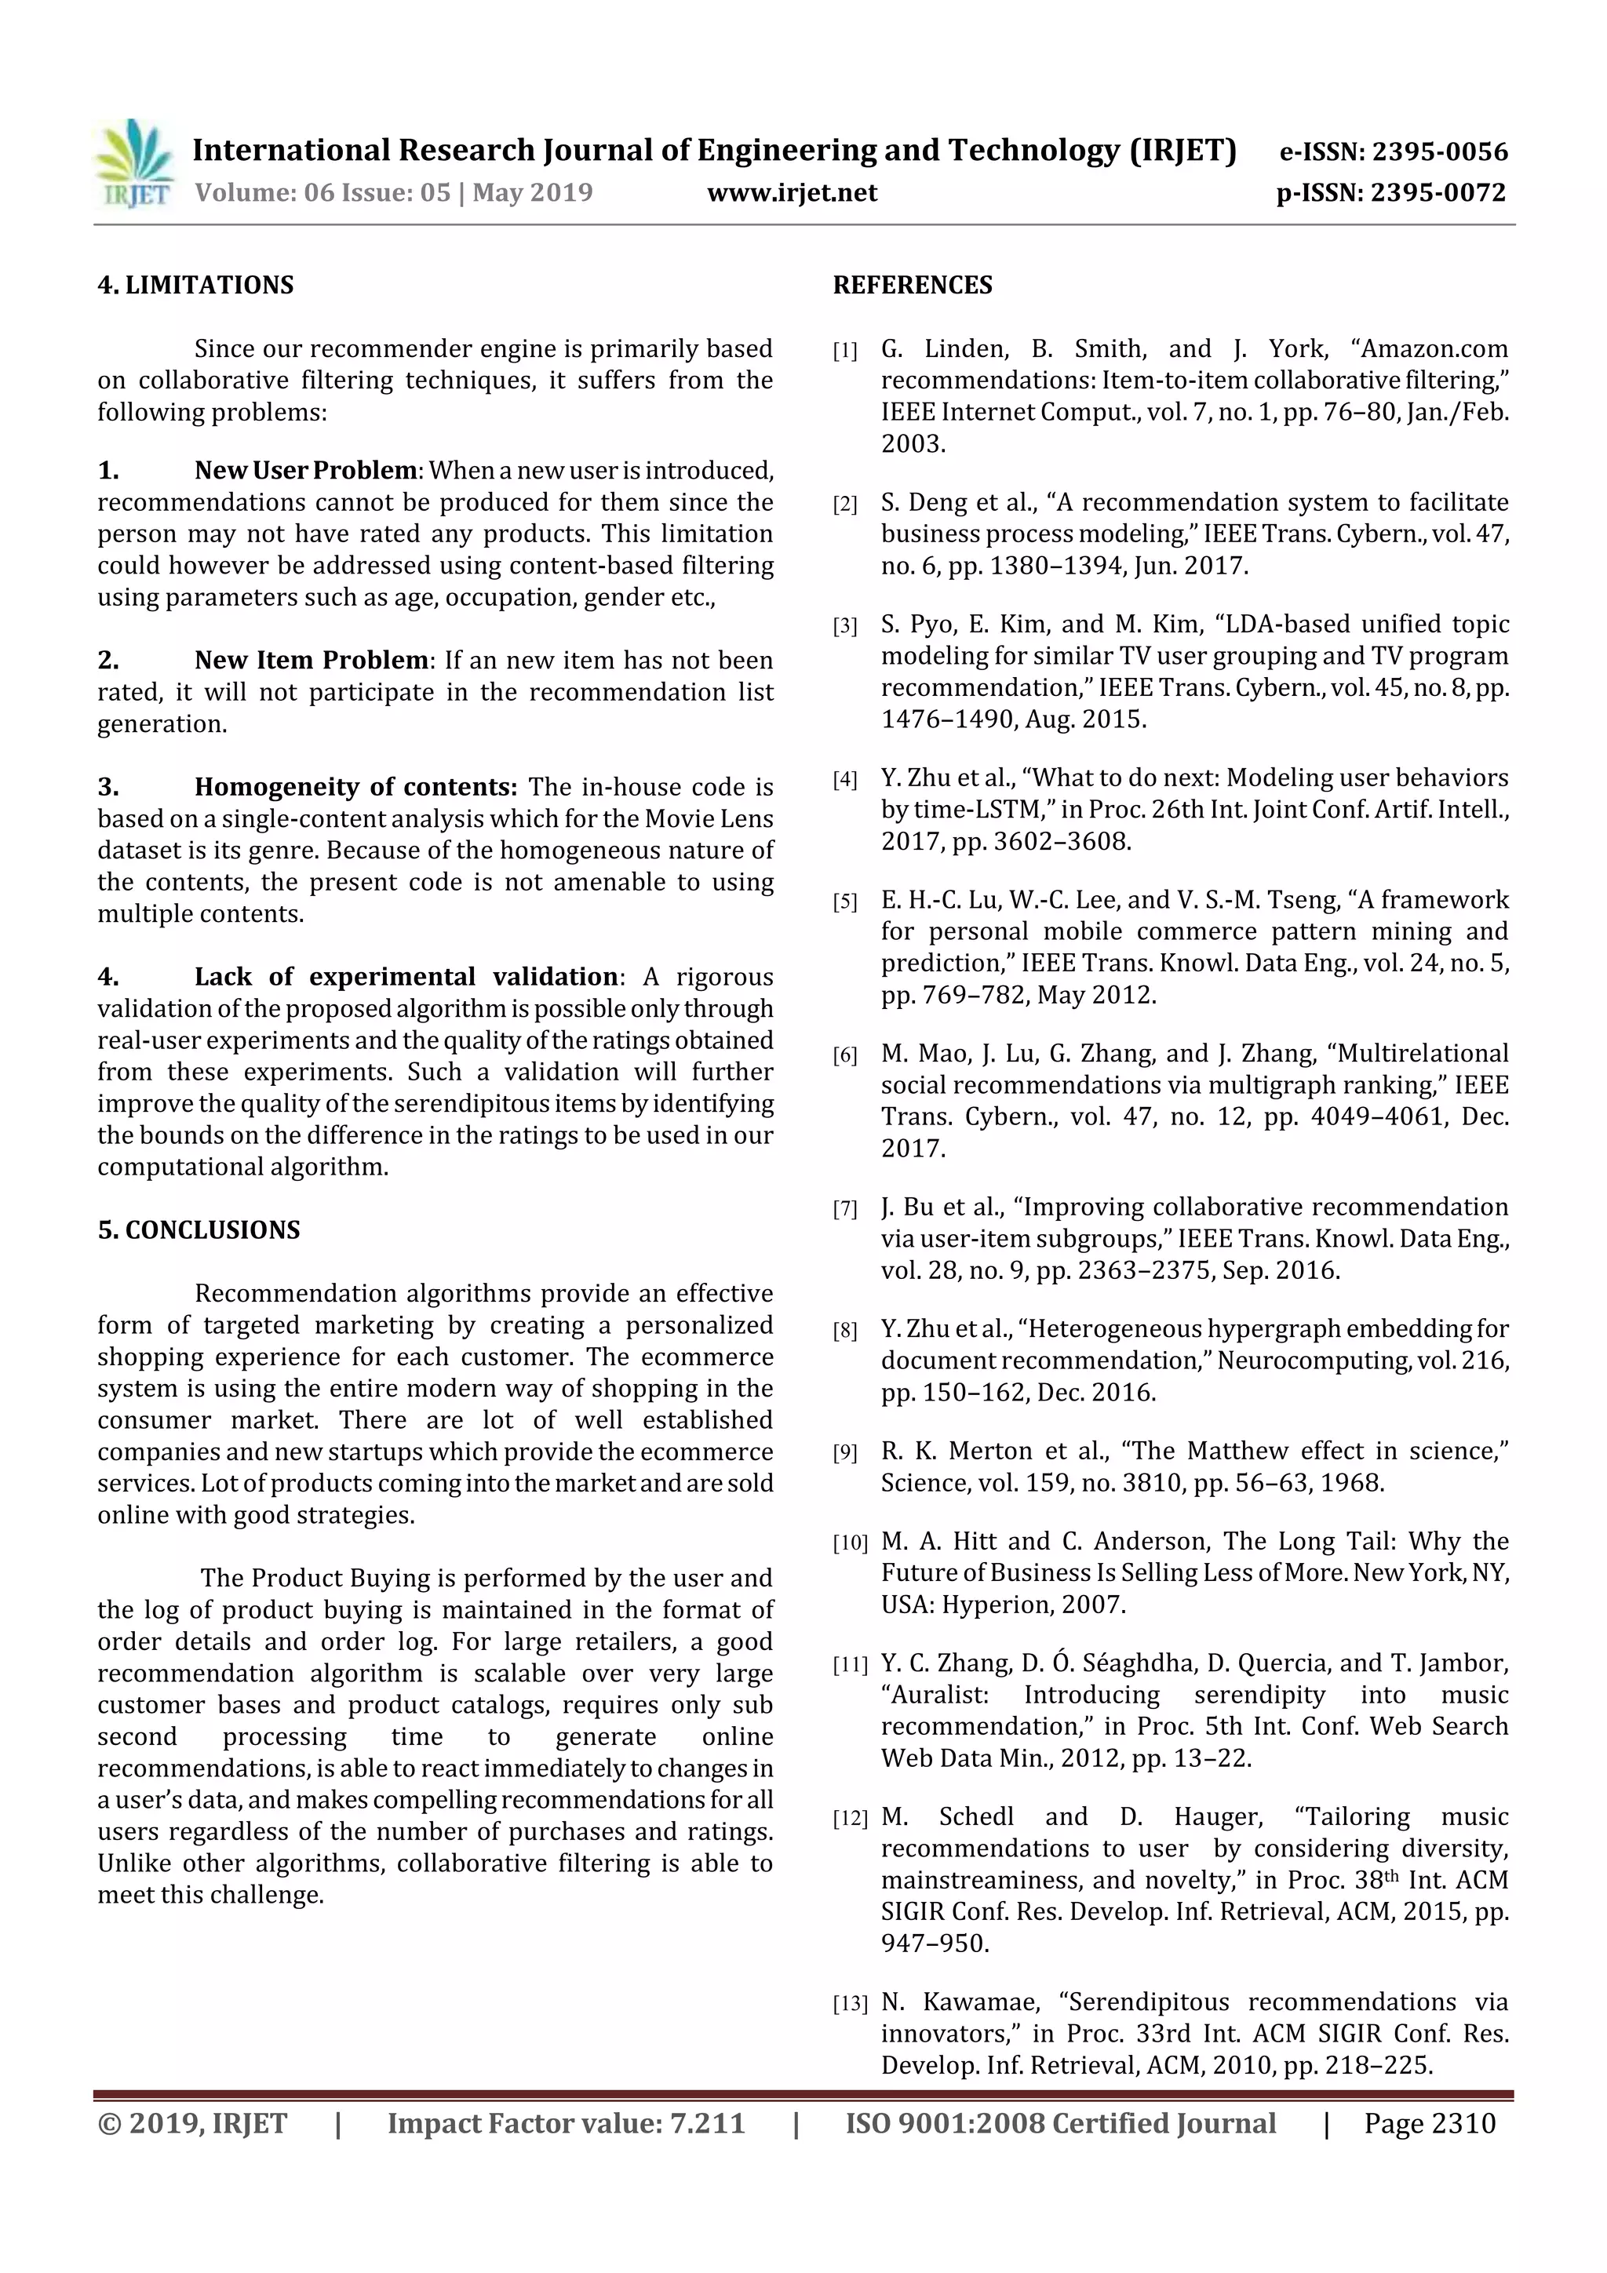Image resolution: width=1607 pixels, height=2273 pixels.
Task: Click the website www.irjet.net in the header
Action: pos(791,192)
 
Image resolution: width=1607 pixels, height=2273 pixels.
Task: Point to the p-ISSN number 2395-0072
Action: pos(1438,192)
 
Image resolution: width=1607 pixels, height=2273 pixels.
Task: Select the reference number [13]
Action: pos(850,2005)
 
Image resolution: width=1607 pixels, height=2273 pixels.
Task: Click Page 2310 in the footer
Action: pos(1429,2122)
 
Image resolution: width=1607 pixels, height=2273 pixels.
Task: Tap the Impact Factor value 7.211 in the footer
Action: pos(707,2122)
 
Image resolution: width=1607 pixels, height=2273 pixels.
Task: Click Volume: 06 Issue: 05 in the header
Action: pos(322,192)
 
